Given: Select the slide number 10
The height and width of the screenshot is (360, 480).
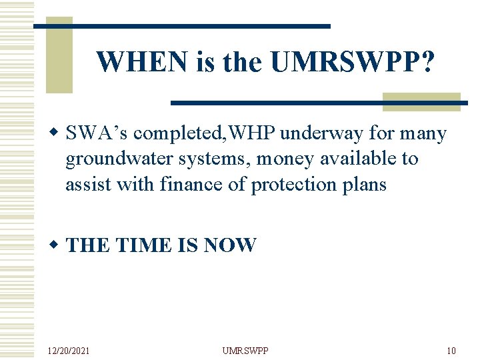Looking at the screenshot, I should click(451, 350).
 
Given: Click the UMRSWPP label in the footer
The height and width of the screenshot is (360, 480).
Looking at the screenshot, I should click(245, 350).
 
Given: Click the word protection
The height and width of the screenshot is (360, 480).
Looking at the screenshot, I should click(296, 183).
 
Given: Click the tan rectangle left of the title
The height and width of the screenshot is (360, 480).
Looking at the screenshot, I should click(59, 55).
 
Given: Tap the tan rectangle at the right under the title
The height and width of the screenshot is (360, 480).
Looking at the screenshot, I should click(421, 101).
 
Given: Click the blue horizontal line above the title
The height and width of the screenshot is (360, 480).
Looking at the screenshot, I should click(181, 25).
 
